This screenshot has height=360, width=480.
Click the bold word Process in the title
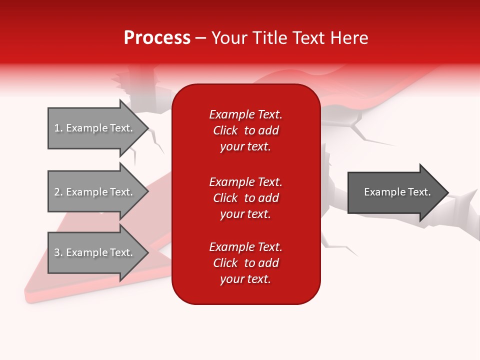pos(157,38)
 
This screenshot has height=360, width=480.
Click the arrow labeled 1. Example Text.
pos(95,128)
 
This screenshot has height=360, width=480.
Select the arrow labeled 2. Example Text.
pos(95,192)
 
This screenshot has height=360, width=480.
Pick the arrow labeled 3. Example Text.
pos(95,252)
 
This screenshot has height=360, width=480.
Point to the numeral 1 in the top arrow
pos(57,128)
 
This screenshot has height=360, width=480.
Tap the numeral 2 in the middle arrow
pos(57,192)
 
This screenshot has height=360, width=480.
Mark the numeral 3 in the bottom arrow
pos(57,252)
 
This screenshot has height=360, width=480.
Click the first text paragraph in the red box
pos(245,130)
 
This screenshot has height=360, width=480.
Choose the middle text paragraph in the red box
pos(245,198)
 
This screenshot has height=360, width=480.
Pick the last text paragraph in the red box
pos(245,263)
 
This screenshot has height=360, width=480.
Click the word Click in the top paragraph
pos(225,130)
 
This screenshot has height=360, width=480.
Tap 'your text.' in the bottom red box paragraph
pos(245,279)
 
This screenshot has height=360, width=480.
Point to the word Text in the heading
pos(306,38)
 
